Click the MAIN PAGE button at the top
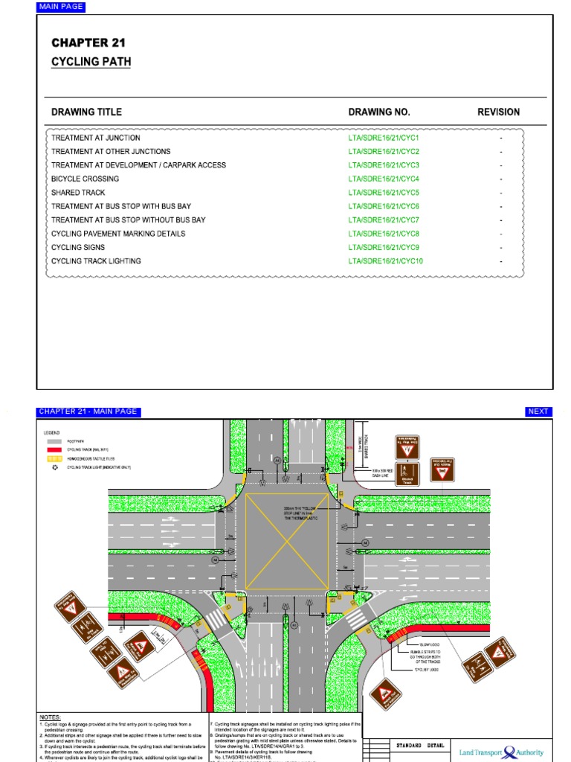[61, 7]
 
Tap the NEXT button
[538, 412]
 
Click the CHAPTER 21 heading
[88, 43]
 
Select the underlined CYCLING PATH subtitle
[91, 62]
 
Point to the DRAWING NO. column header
[379, 112]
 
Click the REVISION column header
[498, 112]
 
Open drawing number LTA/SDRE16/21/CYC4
[384, 179]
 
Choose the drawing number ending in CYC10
[385, 261]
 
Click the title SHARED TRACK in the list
[78, 193]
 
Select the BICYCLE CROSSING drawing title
[85, 179]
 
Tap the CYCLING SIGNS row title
[78, 247]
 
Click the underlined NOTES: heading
[51, 717]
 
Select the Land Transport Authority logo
[502, 752]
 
